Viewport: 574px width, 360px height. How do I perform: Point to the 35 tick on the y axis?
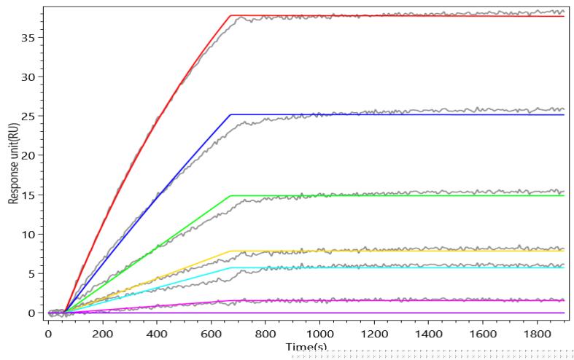(x=31, y=37)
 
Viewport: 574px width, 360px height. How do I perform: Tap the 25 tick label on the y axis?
(x=31, y=116)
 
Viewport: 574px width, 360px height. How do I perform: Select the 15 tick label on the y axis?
(x=31, y=195)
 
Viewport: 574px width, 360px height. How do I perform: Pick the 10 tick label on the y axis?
(x=31, y=234)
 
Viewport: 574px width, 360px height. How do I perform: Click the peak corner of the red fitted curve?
(x=230, y=15)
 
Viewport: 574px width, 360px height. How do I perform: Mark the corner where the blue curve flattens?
(x=230, y=114)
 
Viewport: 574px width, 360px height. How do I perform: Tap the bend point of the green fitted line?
(x=230, y=195)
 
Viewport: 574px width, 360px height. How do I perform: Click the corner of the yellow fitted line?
(x=230, y=251)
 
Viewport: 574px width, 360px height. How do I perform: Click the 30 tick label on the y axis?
(x=31, y=77)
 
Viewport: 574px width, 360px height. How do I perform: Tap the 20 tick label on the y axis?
(x=31, y=155)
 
